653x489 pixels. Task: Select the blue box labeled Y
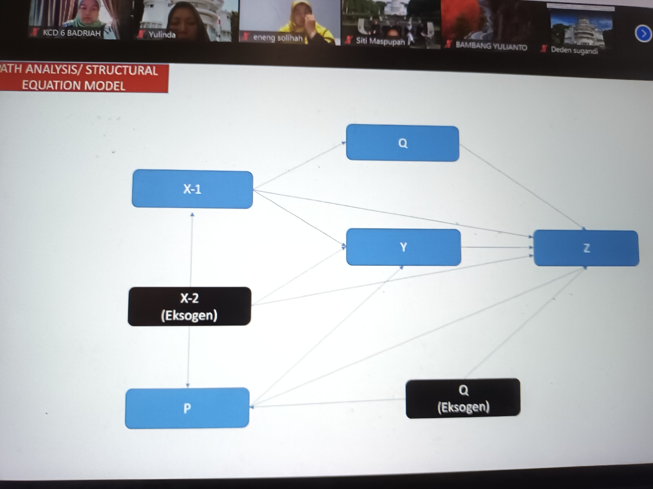pyautogui.click(x=403, y=247)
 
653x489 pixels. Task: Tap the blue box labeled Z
pyautogui.click(x=586, y=248)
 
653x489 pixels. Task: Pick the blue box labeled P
pyautogui.click(x=187, y=408)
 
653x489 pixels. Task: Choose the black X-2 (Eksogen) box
pyautogui.click(x=189, y=306)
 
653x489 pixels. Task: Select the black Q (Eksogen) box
pyautogui.click(x=463, y=398)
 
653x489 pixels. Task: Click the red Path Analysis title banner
pyautogui.click(x=82, y=77)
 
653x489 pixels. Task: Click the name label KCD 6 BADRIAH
pyautogui.click(x=72, y=33)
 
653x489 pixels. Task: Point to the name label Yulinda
pyautogui.click(x=162, y=35)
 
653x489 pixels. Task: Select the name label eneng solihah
pyautogui.click(x=278, y=38)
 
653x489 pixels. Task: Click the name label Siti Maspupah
pyautogui.click(x=380, y=41)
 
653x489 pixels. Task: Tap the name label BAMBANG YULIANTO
pyautogui.click(x=491, y=46)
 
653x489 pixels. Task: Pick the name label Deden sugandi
pyautogui.click(x=574, y=50)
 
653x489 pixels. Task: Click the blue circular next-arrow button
pyautogui.click(x=643, y=33)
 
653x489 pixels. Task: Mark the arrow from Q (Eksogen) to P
pyautogui.click(x=326, y=403)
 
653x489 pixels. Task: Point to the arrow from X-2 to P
pyautogui.click(x=188, y=355)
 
